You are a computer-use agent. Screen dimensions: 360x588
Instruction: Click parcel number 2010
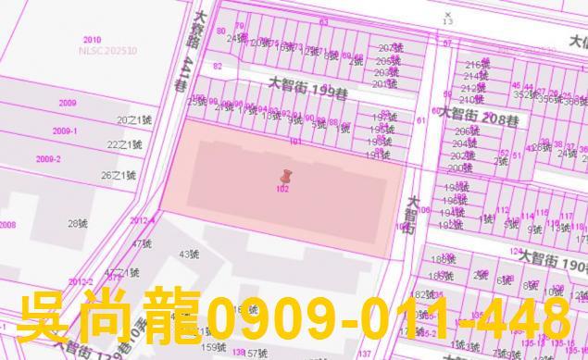[92, 40]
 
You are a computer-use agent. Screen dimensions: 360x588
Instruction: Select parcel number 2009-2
[48, 159]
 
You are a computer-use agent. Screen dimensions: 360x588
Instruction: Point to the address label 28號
[77, 223]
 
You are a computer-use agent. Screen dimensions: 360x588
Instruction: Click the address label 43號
[189, 254]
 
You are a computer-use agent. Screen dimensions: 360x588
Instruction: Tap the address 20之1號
[130, 120]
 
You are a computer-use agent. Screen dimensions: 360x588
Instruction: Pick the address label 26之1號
[119, 175]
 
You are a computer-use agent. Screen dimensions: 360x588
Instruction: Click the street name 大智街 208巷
[479, 117]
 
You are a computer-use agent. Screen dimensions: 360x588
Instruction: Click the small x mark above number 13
[448, 15]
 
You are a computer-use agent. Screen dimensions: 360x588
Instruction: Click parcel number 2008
[7, 225]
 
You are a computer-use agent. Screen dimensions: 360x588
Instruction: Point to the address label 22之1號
[124, 144]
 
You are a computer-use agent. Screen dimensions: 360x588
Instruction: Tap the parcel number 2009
[67, 104]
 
